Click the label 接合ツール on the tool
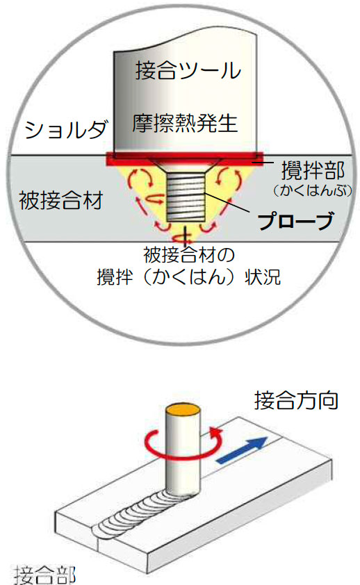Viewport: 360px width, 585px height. (188, 70)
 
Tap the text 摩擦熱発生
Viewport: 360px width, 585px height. (185, 123)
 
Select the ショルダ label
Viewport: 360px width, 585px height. (66, 129)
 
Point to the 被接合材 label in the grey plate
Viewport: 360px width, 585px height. (60, 200)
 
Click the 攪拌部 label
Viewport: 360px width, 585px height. (313, 170)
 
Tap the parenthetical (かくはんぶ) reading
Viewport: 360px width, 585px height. (312, 190)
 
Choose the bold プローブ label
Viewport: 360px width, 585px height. (295, 221)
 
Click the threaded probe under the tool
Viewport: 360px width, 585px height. (186, 198)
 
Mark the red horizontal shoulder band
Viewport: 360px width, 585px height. (186, 159)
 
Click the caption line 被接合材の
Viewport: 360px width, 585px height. (189, 254)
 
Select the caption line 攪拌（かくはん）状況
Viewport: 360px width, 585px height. (188, 277)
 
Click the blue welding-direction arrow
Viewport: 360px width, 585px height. (242, 450)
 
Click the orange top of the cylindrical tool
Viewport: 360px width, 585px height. (183, 409)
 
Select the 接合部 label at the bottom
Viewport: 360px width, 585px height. (44, 575)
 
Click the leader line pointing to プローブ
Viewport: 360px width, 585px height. (227, 203)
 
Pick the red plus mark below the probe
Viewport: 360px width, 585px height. (185, 236)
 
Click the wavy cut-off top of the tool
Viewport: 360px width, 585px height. (185, 41)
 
